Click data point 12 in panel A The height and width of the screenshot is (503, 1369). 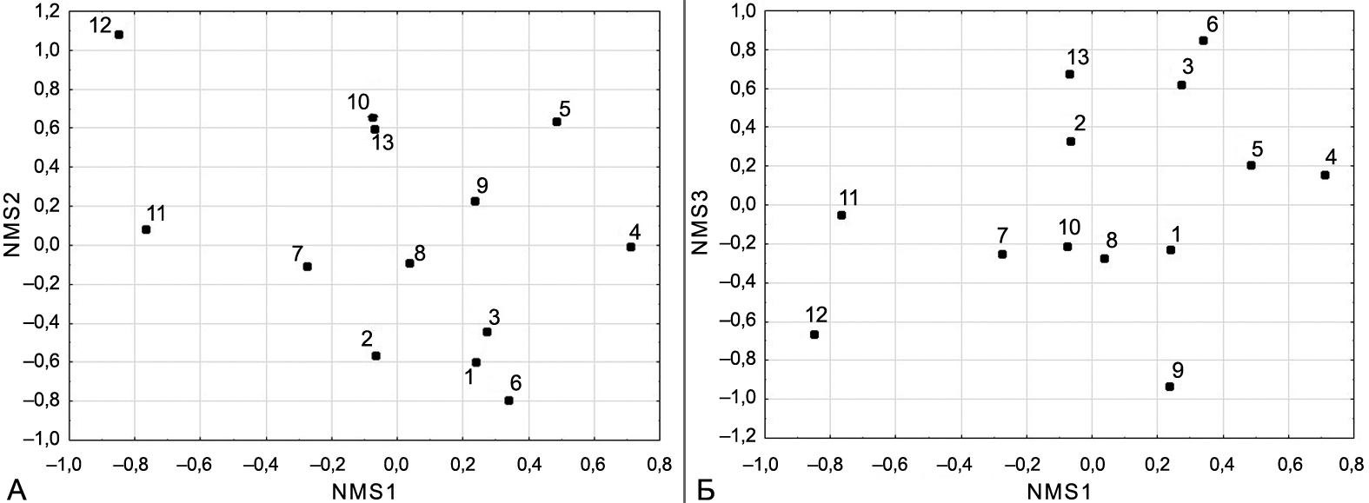pos(119,35)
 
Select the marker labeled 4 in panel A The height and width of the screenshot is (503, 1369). pos(630,247)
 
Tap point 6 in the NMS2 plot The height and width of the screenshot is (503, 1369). pos(508,400)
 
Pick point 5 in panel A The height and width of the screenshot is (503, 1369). pos(556,122)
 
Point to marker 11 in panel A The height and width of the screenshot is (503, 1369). pos(146,229)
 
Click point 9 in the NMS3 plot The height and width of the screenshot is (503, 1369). pos(1169,387)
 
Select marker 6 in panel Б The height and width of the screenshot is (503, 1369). pos(1203,41)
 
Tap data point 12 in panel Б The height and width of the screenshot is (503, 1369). pos(814,334)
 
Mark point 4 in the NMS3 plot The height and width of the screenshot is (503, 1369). pos(1325,175)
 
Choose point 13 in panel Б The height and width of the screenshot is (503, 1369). pos(1069,74)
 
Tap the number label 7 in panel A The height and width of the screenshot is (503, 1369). pos(297,254)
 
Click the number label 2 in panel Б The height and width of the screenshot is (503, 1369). pos(1079,123)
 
